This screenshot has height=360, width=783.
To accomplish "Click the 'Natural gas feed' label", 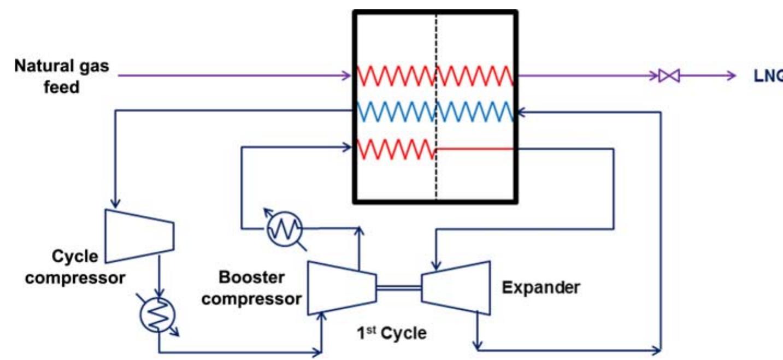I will point(61,76).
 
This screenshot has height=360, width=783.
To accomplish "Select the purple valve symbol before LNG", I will point(669,76).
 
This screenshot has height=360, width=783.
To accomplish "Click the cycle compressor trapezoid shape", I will point(139,235).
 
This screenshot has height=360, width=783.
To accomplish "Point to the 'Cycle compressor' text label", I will point(75,267).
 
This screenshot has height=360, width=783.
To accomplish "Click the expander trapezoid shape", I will point(456,287).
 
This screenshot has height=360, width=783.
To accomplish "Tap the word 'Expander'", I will point(541,287).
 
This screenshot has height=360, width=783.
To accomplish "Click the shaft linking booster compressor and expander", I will point(398,287).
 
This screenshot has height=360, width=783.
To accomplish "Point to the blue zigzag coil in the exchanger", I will point(435,112).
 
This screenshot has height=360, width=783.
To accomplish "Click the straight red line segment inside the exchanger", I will point(474,148).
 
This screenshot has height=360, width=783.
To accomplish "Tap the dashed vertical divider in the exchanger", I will point(436,180).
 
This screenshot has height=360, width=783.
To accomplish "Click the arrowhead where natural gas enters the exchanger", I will point(348,75).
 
